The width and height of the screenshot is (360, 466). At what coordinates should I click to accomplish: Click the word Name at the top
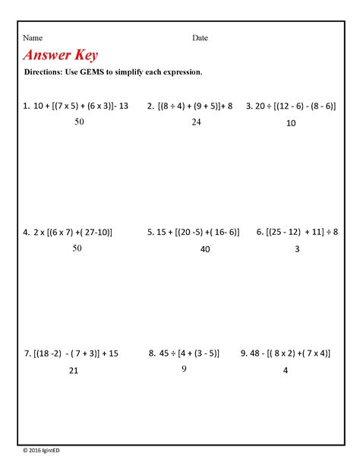point(32,38)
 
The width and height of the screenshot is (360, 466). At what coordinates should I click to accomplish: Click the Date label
point(200,38)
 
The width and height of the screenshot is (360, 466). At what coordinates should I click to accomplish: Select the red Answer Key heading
point(61,55)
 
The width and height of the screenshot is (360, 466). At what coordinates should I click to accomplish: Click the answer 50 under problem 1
point(79,122)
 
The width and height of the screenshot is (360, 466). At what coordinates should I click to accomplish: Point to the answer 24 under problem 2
point(196,122)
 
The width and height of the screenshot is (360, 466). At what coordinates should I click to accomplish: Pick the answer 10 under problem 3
point(291,122)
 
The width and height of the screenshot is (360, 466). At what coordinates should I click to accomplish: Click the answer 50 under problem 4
point(77,249)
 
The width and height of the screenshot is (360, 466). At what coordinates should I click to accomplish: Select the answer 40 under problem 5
point(205,249)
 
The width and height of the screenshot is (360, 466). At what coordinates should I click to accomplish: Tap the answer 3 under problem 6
point(297,249)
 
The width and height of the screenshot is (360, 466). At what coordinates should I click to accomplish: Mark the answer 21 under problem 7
point(74,370)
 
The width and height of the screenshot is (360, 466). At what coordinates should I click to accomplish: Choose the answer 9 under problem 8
point(183,369)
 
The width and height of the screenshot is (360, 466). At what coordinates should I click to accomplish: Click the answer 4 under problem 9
point(286,370)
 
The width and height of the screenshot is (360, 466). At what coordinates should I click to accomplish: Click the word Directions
point(46,72)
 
